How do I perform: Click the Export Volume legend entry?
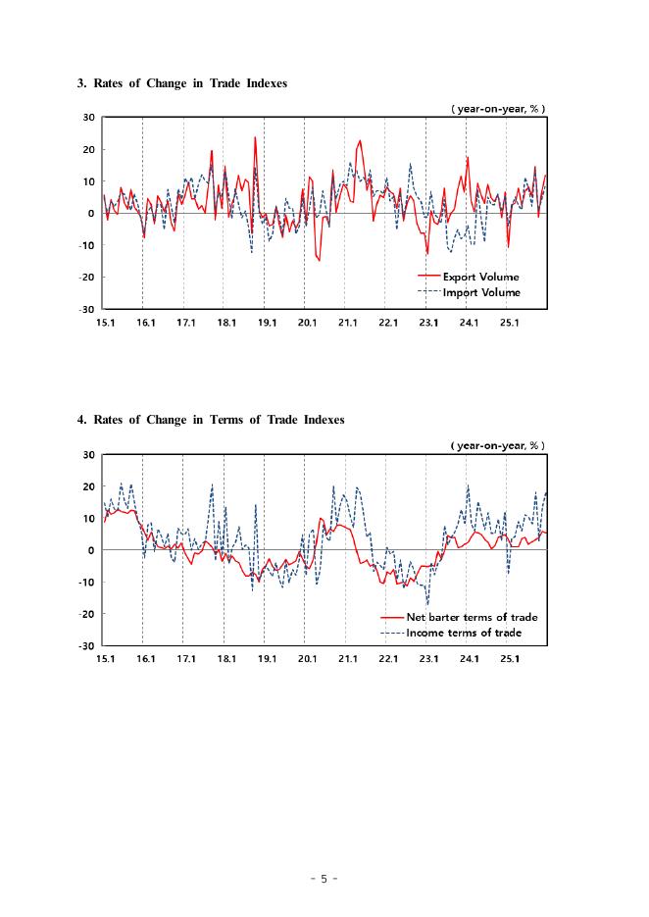480,278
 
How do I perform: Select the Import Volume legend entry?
480,292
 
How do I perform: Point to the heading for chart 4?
211,420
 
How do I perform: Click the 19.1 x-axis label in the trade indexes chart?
266,322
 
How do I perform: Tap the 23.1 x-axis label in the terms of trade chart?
428,659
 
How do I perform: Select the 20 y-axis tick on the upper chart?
88,150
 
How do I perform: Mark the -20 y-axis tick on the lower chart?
86,615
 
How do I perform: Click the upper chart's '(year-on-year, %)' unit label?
498,109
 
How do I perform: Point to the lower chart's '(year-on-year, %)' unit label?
498,446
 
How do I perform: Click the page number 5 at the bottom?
324,879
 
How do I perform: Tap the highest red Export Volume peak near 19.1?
255,137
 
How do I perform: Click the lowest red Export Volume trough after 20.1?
319,260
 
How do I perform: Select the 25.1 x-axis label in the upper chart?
509,322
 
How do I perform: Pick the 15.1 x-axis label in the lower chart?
104,659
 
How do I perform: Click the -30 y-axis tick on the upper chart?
86,310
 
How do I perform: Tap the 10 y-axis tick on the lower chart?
88,519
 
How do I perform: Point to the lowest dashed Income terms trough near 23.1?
427,604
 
